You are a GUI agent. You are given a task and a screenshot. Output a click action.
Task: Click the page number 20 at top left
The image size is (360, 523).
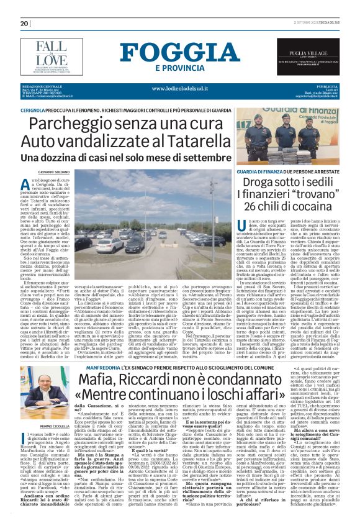pyautogui.click(x=25, y=23)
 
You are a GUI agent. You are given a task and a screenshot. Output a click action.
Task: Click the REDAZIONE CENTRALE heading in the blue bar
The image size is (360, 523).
pyautogui.click(x=42, y=85)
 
